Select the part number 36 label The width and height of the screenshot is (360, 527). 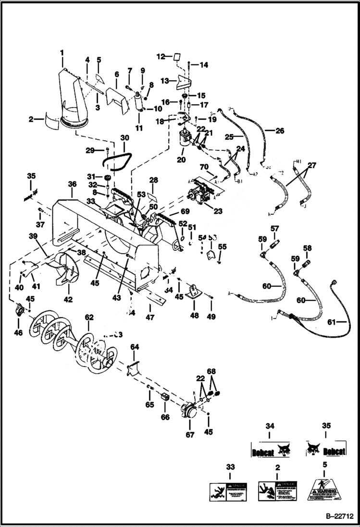coord(72,184)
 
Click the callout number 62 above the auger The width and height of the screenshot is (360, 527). coord(89,318)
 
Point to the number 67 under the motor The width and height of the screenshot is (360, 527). coord(190,435)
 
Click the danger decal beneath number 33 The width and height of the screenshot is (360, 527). coord(227,491)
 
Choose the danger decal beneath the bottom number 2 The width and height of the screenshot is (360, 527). coord(277,491)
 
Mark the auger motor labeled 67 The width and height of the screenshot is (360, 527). coord(189,412)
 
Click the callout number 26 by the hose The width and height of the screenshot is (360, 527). coord(280,130)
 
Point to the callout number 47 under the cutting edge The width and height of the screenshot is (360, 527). coord(150,318)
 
